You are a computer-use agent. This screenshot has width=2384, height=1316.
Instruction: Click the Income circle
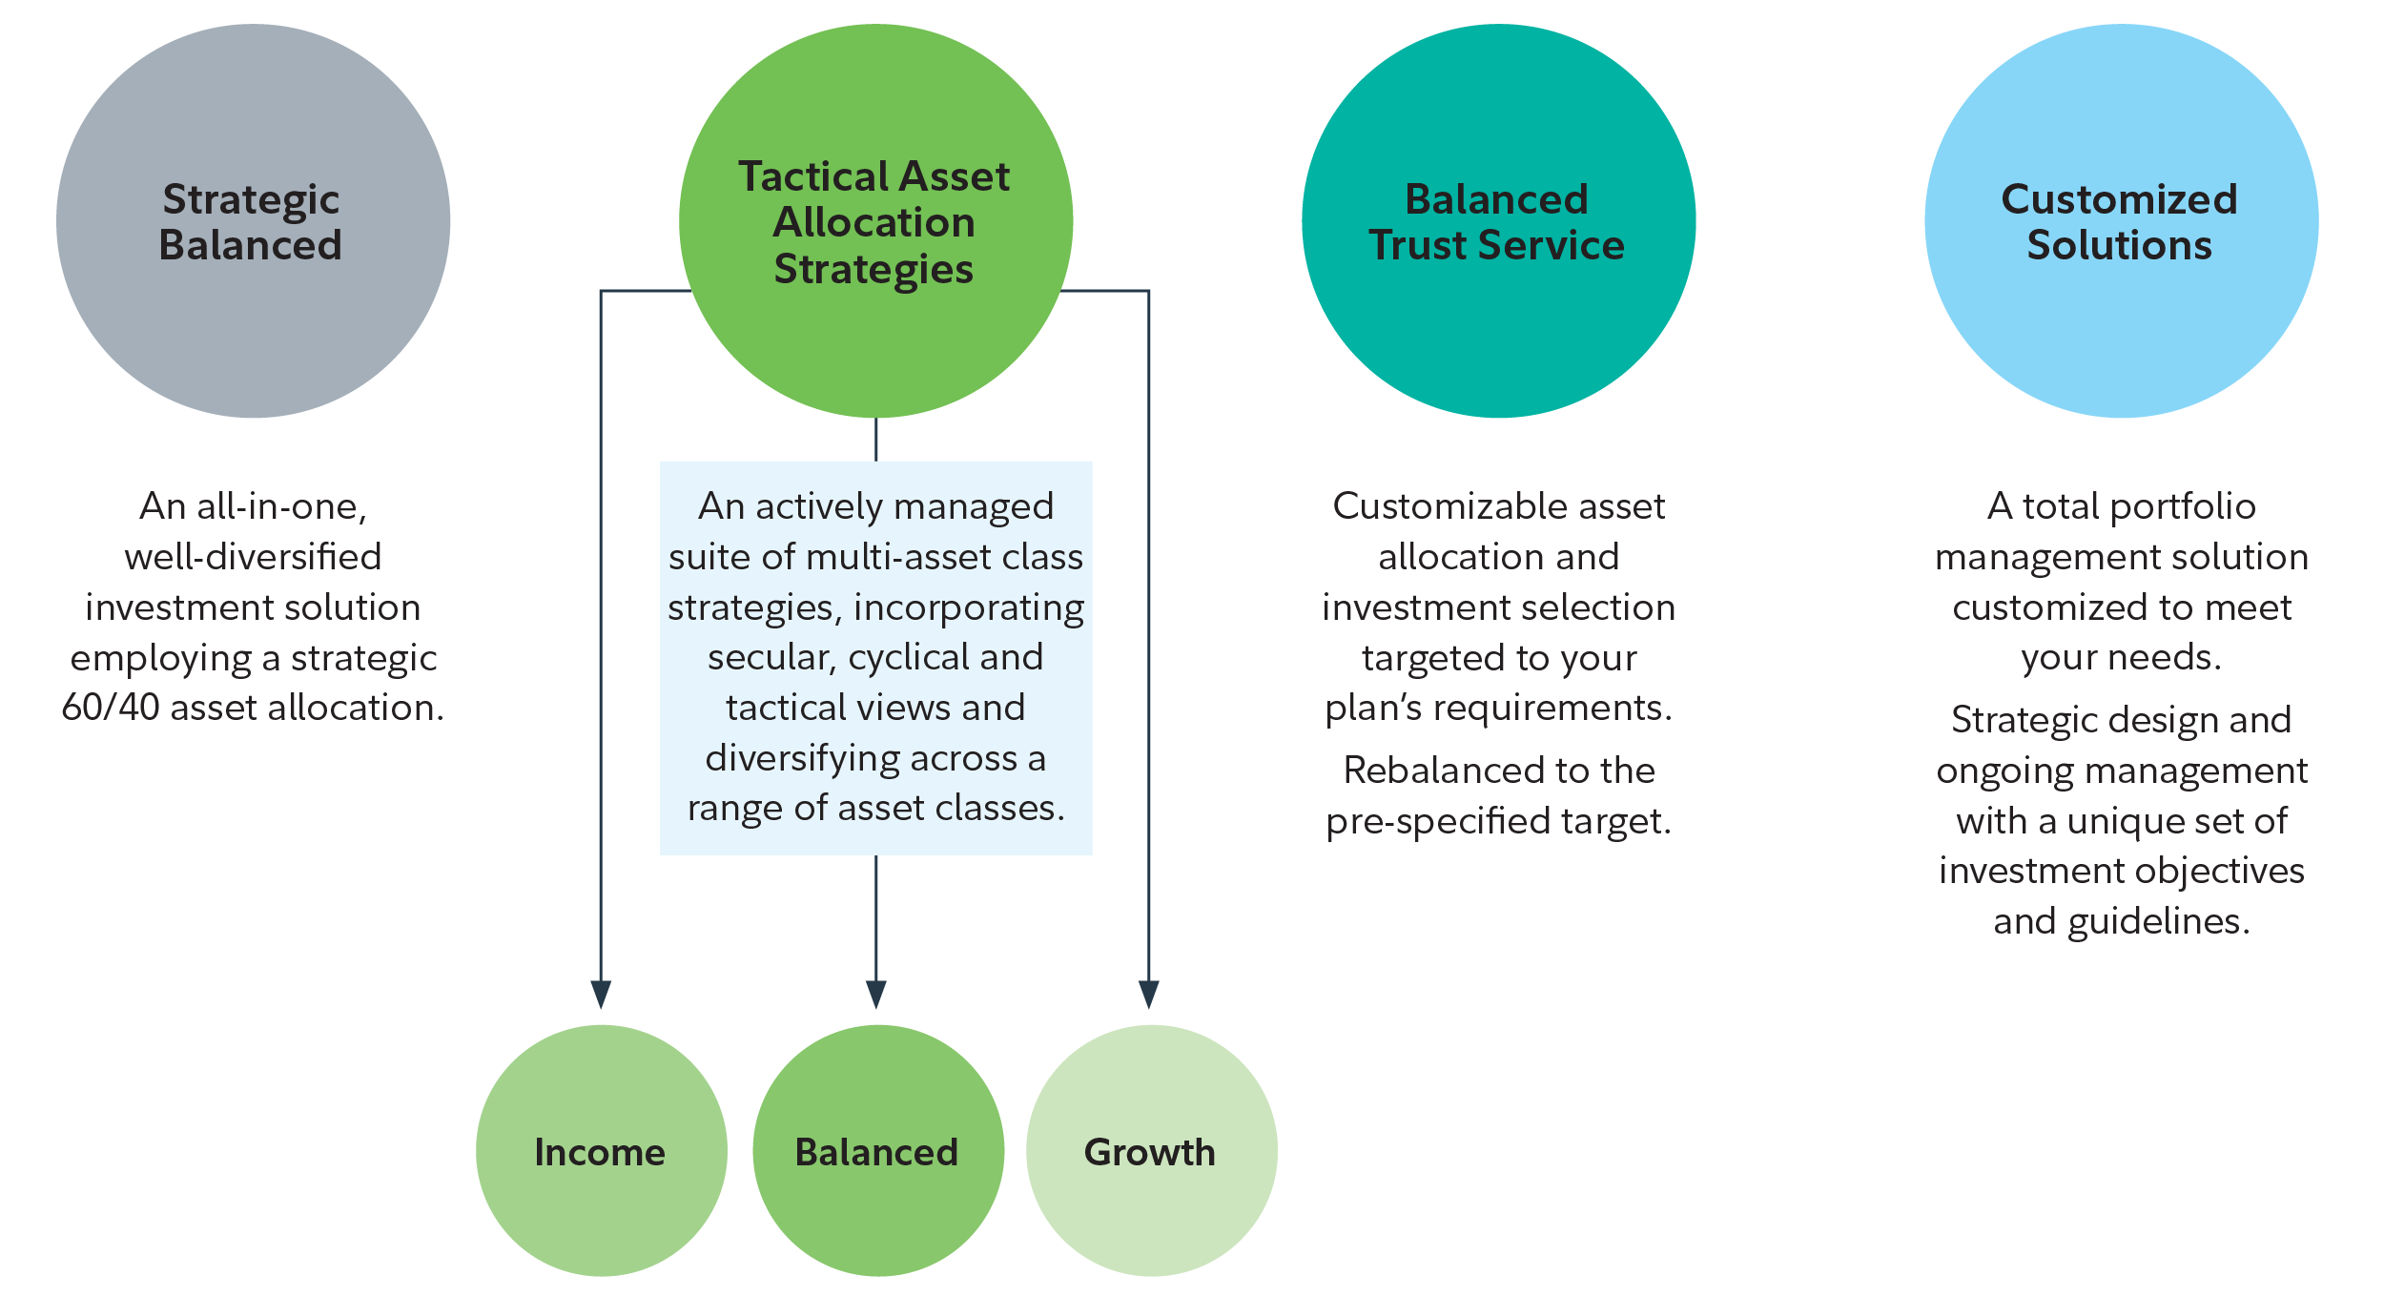(x=601, y=1151)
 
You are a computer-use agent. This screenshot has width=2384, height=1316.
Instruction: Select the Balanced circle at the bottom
(x=877, y=1151)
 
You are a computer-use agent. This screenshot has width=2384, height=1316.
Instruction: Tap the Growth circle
(x=1151, y=1151)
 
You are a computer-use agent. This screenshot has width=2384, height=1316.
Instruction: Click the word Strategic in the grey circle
(x=251, y=200)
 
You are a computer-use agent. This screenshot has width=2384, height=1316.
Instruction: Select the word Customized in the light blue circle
(x=2119, y=199)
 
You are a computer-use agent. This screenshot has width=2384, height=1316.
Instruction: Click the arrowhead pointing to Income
(x=601, y=994)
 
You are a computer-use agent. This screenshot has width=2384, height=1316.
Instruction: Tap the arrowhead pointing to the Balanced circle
(x=876, y=994)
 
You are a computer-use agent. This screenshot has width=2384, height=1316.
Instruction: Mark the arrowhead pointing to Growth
(x=1149, y=994)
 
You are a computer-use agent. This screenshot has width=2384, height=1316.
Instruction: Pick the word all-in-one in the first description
(x=281, y=506)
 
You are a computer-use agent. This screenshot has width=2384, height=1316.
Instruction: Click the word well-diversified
(x=253, y=557)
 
